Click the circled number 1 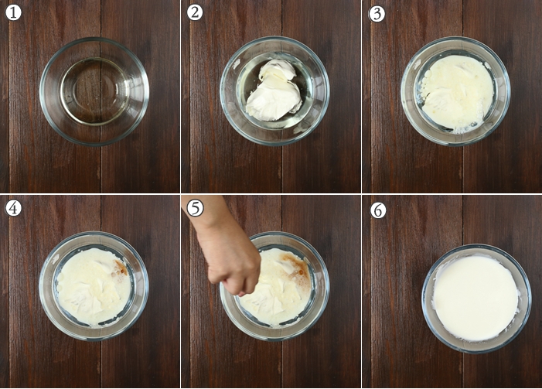coord(13,13)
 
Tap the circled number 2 coord(195,13)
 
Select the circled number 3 coord(377,14)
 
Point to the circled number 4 coord(13,208)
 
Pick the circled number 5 coord(195,208)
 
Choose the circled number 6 coord(378,210)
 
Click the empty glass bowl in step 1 coord(94,91)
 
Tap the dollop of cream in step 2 coord(274,90)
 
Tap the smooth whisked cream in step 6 coord(476,298)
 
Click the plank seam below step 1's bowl coord(101,169)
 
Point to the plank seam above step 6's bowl coord(462,220)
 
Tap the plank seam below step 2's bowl coord(281,169)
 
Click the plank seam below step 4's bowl coord(101,363)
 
